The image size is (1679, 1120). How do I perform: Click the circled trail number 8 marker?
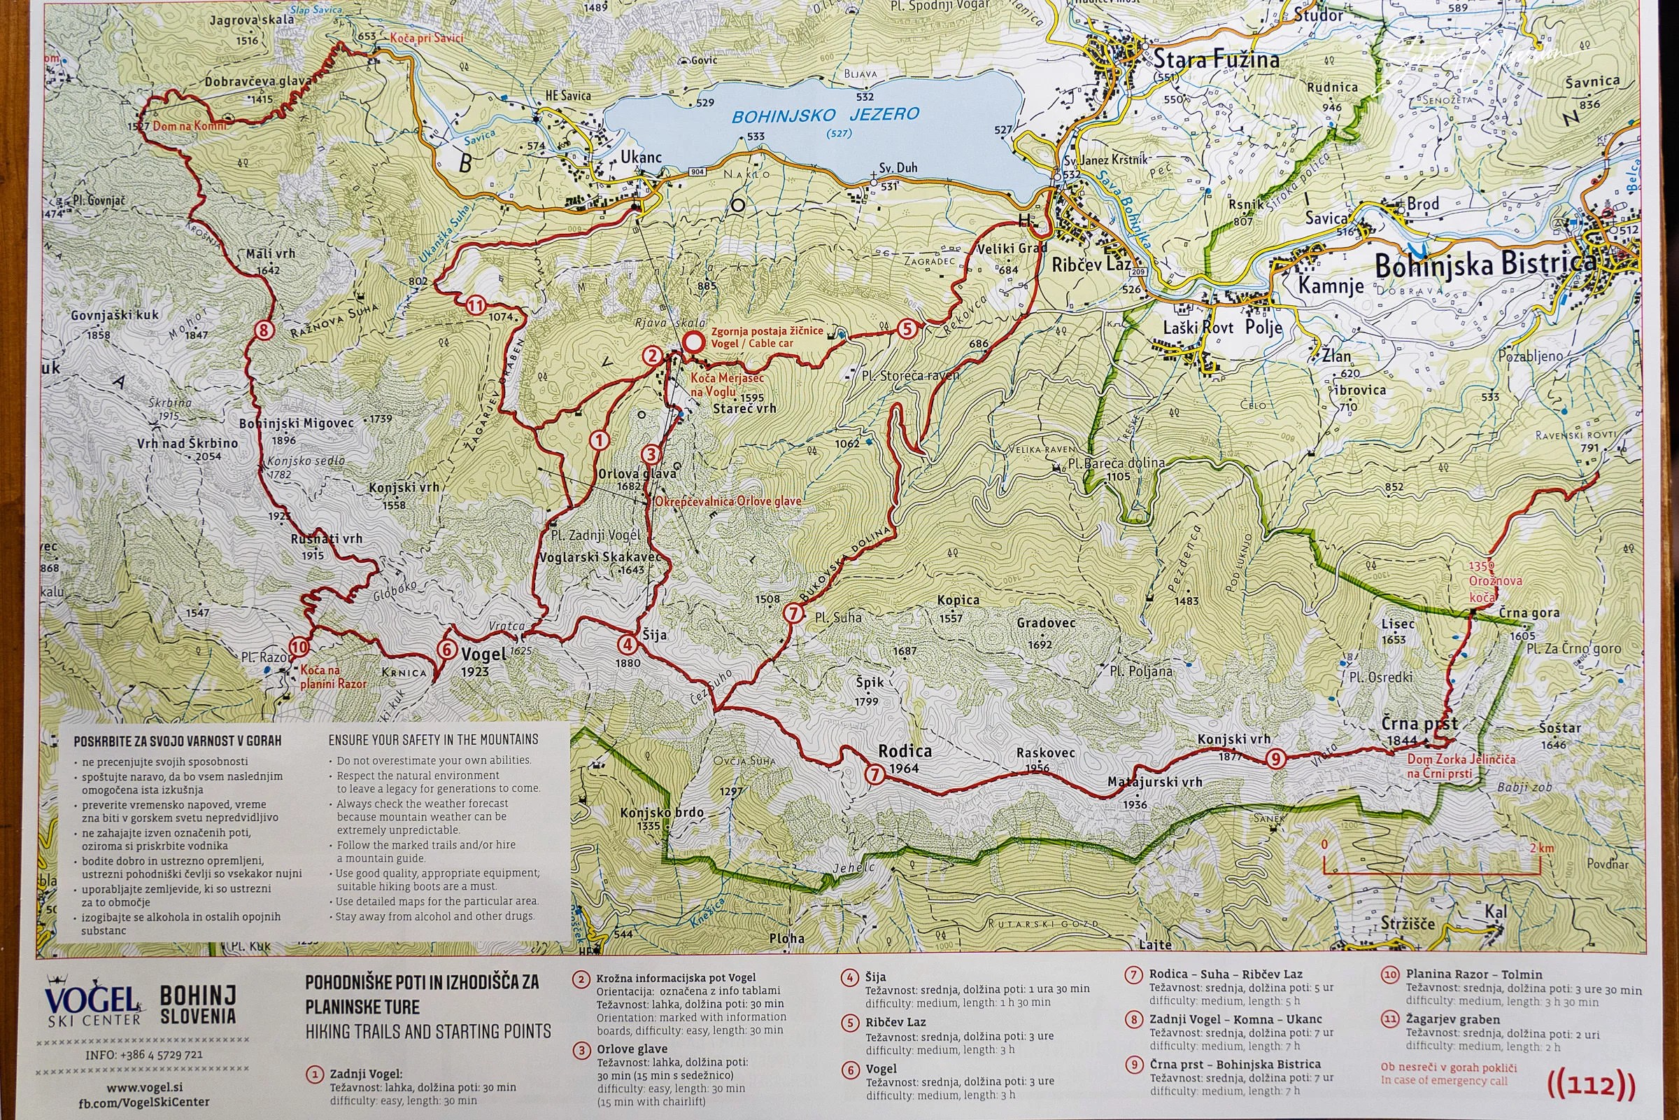tap(264, 330)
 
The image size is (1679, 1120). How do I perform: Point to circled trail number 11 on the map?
tap(476, 307)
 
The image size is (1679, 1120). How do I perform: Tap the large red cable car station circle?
tap(691, 343)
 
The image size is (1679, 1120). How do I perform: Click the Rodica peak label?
tap(905, 751)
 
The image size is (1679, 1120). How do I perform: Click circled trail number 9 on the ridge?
tap(1276, 759)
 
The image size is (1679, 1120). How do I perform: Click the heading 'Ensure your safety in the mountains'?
tap(432, 739)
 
